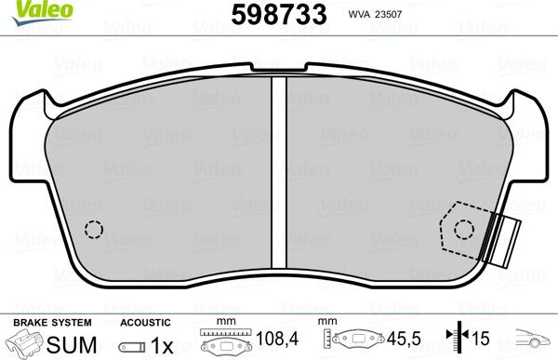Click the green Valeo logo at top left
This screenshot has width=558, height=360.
[x=24, y=10]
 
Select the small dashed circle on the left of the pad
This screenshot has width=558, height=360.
[x=92, y=229]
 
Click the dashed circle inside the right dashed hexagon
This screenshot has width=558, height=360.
[x=463, y=230]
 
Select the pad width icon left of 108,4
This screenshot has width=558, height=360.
[x=223, y=342]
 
